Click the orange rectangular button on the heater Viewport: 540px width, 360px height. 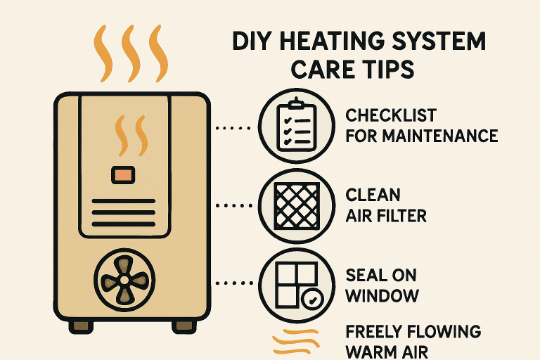point(123,175)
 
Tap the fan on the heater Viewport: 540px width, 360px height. point(124,280)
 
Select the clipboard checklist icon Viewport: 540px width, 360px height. point(296,125)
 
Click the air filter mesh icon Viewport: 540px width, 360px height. point(297,206)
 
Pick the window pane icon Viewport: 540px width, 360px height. point(297,285)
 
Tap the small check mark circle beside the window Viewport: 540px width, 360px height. point(312,299)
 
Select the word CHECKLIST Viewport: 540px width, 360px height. point(391,115)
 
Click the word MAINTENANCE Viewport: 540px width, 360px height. point(439,136)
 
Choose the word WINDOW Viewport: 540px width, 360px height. point(382,295)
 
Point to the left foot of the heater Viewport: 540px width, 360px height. point(82,327)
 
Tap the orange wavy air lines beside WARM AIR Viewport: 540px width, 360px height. point(296,342)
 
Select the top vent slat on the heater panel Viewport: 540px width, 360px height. point(124,201)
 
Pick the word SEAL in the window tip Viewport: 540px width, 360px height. point(364,275)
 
